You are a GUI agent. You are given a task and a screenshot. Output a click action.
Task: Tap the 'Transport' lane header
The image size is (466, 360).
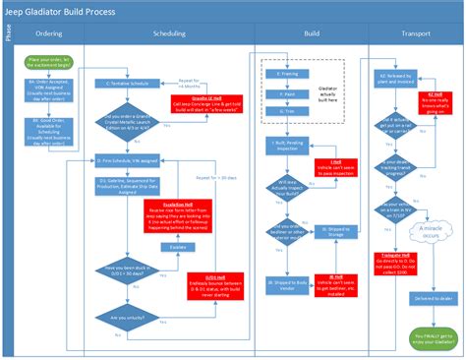pos(415,32)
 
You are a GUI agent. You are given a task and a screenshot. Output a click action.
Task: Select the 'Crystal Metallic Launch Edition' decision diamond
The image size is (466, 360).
pos(130,122)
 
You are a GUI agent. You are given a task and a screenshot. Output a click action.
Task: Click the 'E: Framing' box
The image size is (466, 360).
pos(287,73)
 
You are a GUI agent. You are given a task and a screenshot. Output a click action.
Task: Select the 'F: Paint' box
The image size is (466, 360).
pos(287,93)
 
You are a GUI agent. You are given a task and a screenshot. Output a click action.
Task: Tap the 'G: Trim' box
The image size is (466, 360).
pos(287,113)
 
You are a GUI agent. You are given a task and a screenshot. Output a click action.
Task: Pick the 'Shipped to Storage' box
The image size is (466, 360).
pos(336,233)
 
